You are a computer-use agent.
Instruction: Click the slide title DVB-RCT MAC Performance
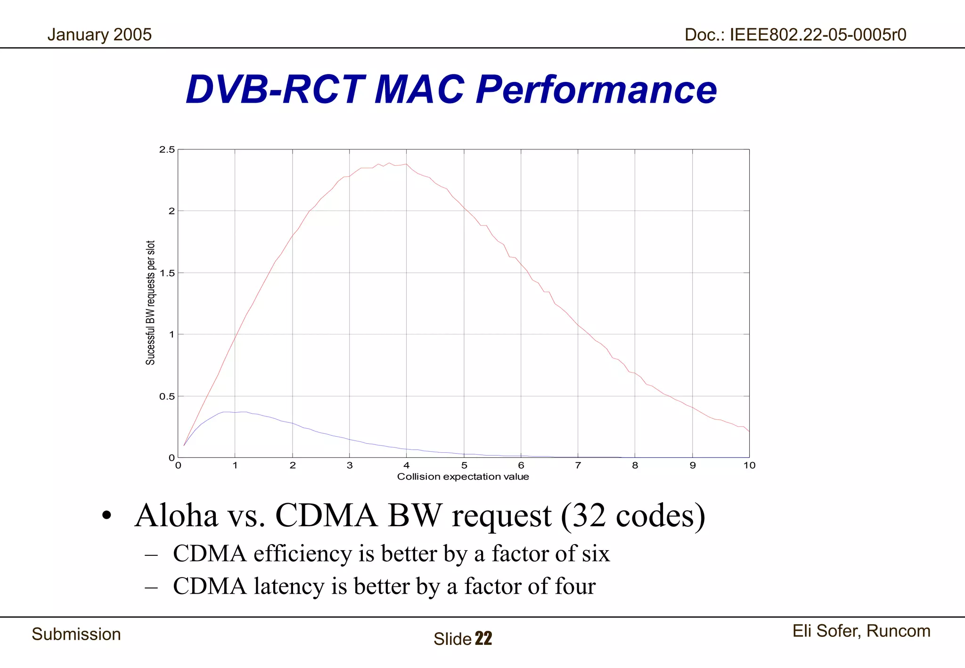tap(451, 90)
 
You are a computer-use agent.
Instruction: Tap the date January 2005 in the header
tap(99, 35)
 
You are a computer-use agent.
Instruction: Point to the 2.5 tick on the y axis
tap(167, 150)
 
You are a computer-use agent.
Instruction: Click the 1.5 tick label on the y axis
tap(167, 273)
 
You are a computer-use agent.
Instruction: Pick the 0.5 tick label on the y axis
tap(167, 397)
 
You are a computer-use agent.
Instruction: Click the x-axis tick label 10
tap(749, 465)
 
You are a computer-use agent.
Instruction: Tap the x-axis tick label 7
tap(578, 465)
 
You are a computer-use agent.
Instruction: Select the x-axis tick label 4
tap(407, 465)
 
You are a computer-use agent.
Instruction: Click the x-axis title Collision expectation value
tap(463, 477)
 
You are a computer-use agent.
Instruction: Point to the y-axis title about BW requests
tap(150, 302)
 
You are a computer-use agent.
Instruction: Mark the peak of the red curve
tap(389, 163)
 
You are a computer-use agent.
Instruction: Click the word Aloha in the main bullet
tap(176, 515)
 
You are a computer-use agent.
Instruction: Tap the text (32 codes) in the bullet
tap(633, 515)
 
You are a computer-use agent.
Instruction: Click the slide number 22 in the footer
tap(483, 639)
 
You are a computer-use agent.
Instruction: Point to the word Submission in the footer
tap(76, 635)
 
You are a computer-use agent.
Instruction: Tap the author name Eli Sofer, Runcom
tap(861, 631)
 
